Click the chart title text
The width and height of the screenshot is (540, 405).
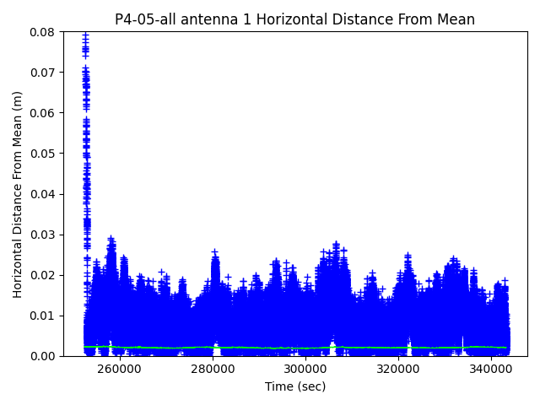(294, 19)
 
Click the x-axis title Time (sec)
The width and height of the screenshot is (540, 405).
(294, 386)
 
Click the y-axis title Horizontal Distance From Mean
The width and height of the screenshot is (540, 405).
(18, 194)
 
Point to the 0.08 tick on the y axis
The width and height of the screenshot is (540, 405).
(43, 32)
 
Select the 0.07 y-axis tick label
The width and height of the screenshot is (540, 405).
(43, 73)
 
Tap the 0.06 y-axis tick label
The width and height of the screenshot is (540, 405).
(43, 113)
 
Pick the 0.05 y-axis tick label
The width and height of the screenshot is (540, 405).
(43, 154)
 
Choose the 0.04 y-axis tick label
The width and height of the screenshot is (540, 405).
(43, 194)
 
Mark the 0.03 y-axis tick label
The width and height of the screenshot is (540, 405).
(43, 235)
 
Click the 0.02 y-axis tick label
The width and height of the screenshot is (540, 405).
(43, 275)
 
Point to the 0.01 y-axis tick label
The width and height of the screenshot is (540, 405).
(43, 316)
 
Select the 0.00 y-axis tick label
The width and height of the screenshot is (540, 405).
(43, 356)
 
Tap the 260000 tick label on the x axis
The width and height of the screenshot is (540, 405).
(120, 369)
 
